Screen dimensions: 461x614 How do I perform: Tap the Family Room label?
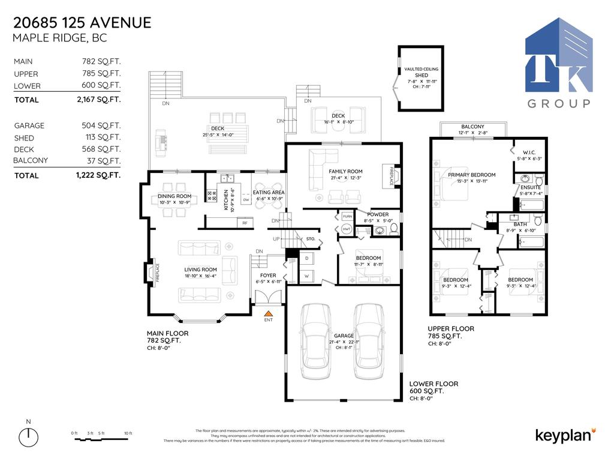(345, 172)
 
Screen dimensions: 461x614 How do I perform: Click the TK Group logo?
(558, 63)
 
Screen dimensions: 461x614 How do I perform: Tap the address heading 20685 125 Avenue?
(82, 23)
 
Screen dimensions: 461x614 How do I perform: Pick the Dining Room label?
(174, 196)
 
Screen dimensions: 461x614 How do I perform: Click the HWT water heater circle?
(346, 230)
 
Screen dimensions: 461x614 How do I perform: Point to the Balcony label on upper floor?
(472, 127)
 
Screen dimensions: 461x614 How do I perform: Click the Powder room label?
(378, 214)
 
